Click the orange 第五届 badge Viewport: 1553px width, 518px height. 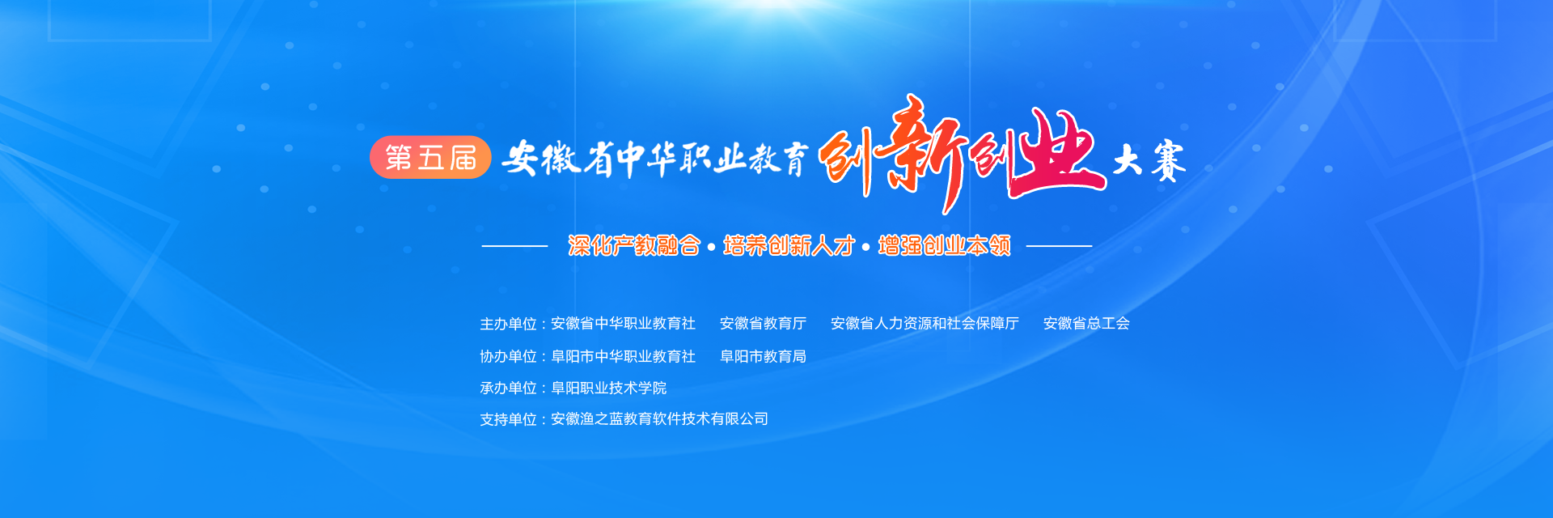(430, 157)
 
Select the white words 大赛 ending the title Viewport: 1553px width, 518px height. (1149, 160)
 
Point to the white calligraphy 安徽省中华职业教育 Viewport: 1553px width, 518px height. (654, 159)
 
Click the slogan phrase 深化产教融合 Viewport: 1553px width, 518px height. (634, 245)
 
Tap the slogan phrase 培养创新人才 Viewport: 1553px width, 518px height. (789, 245)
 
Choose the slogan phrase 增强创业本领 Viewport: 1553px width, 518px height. (944, 245)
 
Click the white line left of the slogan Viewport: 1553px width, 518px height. (514, 245)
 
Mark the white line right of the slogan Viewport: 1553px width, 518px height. (1059, 245)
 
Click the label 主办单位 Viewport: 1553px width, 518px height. (508, 324)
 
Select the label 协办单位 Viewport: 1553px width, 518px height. (508, 356)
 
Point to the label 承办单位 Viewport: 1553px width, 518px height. (508, 388)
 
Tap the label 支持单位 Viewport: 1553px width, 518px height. (508, 419)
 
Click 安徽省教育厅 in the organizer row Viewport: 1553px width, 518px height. (763, 324)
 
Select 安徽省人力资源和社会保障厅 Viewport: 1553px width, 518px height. (925, 324)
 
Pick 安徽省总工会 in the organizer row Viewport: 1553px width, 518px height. (1086, 324)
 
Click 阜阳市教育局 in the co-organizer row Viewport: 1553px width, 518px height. (763, 356)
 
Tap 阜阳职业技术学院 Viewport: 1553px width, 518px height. (608, 388)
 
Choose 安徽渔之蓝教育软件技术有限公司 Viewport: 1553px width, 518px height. (659, 419)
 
